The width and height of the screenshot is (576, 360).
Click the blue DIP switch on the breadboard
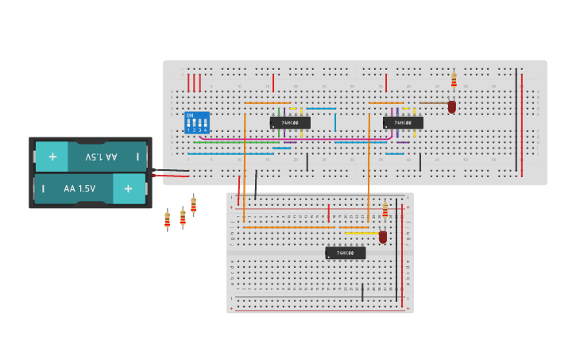click(x=197, y=122)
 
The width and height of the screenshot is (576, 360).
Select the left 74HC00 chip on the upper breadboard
click(x=290, y=122)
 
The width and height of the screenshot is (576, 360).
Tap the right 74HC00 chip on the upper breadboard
click(x=403, y=122)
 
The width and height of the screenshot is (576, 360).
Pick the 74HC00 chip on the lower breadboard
click(x=346, y=253)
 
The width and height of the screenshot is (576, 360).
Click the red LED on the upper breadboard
click(x=452, y=106)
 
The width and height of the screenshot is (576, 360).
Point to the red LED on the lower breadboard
click(x=383, y=236)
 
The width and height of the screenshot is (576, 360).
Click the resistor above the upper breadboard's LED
click(x=454, y=80)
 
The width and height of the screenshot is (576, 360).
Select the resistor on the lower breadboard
click(x=385, y=211)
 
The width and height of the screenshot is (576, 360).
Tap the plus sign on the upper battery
click(x=52, y=157)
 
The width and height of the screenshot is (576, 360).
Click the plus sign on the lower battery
click(x=128, y=189)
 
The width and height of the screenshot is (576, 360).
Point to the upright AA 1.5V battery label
click(x=79, y=189)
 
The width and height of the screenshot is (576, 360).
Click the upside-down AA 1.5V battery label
click(x=101, y=157)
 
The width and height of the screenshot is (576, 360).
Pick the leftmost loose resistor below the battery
click(x=167, y=219)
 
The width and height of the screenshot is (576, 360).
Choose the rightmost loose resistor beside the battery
click(x=193, y=205)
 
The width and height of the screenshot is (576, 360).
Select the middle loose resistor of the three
click(x=182, y=216)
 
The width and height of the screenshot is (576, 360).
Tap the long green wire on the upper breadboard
click(x=238, y=142)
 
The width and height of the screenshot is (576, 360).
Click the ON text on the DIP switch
click(x=189, y=115)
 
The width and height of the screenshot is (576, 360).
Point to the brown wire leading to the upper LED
click(x=433, y=103)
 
